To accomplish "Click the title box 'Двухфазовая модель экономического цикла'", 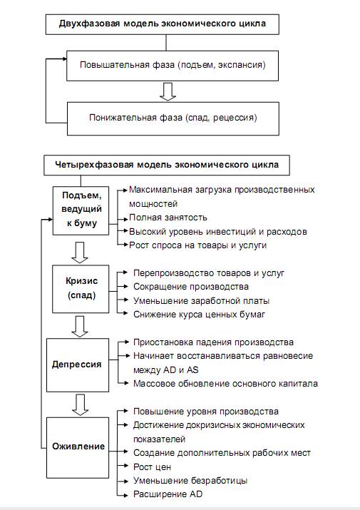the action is point(163,24).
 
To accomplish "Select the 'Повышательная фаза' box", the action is point(173,65).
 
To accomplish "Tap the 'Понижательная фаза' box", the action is point(173,118).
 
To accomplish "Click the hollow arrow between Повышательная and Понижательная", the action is point(168,92).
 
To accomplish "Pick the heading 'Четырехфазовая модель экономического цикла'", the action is point(167,165).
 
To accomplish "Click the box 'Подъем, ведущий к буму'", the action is point(81,210).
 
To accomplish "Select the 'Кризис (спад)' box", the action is point(81,289).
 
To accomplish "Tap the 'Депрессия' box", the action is point(78,365).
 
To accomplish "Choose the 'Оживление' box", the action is point(78,447).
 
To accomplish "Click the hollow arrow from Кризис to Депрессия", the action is point(80,326).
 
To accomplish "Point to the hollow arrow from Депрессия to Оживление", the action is point(80,405).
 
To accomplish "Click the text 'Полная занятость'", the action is point(168,218).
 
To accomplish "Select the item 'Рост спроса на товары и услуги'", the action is point(197,245).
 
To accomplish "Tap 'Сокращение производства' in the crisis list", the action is point(191,287).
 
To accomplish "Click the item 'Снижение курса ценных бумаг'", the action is point(199,315).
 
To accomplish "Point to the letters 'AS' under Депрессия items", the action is point(192,369).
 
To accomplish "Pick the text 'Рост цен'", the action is point(152,467).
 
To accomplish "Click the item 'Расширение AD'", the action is point(168,494).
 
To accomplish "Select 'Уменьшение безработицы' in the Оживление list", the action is point(190,481).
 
